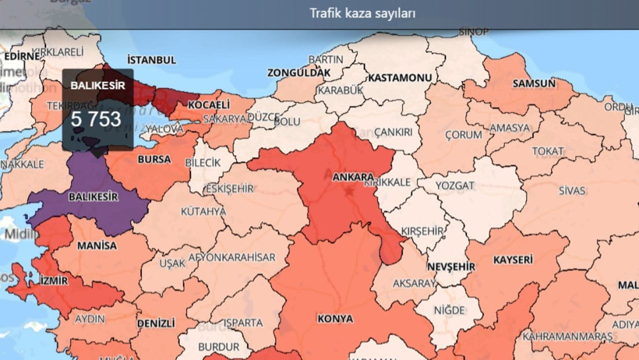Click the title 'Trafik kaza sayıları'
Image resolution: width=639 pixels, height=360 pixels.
point(362,13)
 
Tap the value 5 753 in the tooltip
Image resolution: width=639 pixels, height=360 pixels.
point(96,119)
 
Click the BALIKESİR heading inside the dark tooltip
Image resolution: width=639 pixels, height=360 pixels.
point(98,84)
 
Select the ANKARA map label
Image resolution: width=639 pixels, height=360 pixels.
point(353,177)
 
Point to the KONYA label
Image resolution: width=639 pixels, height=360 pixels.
point(335,319)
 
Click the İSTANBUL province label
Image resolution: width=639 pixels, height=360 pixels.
point(152,60)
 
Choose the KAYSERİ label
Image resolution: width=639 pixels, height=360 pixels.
point(514,259)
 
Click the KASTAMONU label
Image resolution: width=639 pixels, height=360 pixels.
point(400,79)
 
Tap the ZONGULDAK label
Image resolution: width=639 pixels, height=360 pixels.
point(299,72)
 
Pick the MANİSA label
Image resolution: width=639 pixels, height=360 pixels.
point(97,245)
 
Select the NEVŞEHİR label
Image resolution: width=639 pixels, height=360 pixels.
point(451,266)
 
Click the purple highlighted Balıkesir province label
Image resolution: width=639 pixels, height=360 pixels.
point(94,197)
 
